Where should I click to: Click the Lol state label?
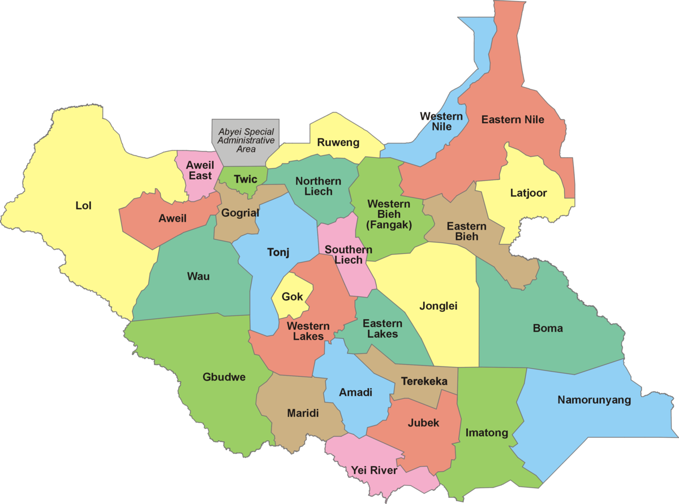tap(83, 205)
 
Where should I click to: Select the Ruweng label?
tap(338, 143)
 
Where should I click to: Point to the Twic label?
tap(245, 179)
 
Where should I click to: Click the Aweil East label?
tap(201, 170)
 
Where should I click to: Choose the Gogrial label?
tap(240, 213)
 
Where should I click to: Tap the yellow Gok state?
tap(292, 297)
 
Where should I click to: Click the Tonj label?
tap(278, 252)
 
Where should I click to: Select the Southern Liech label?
tap(348, 255)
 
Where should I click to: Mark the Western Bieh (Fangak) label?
tap(389, 214)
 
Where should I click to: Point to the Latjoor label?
tap(528, 193)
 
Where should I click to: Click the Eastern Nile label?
tap(512, 119)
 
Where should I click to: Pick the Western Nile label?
tap(441, 122)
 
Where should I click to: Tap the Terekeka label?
tap(424, 381)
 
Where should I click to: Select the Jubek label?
tap(423, 423)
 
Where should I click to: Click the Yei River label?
tap(373, 470)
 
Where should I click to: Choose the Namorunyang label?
tap(594, 400)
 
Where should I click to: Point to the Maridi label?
tap(303, 413)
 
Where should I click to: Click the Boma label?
tap(547, 328)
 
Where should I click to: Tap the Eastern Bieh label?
tap(466, 231)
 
